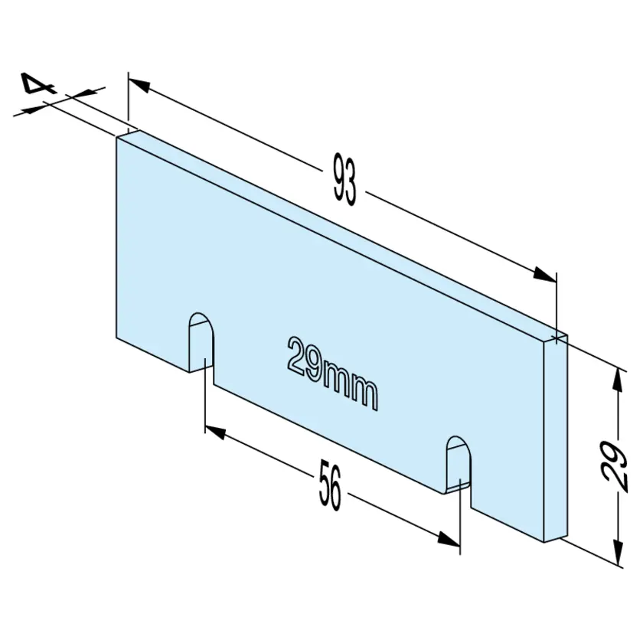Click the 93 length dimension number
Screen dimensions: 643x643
pyautogui.click(x=344, y=180)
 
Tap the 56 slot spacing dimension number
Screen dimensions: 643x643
pyautogui.click(x=330, y=485)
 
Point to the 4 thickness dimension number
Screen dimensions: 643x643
pyautogui.click(x=38, y=83)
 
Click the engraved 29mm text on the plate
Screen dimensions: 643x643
pyautogui.click(x=332, y=374)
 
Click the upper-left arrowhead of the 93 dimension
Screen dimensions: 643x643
pyautogui.click(x=139, y=85)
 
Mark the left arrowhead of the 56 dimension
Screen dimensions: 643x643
pyautogui.click(x=215, y=432)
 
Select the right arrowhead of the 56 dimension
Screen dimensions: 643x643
pyautogui.click(x=449, y=539)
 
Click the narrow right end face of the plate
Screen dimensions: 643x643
pyautogui.click(x=556, y=438)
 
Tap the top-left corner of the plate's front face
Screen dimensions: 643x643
pyautogui.click(x=116, y=137)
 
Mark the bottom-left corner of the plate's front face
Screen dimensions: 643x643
pyautogui.click(x=116, y=338)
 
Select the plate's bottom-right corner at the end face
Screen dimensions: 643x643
pyautogui.click(x=543, y=542)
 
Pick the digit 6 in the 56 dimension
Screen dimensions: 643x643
pyautogui.click(x=336, y=489)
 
